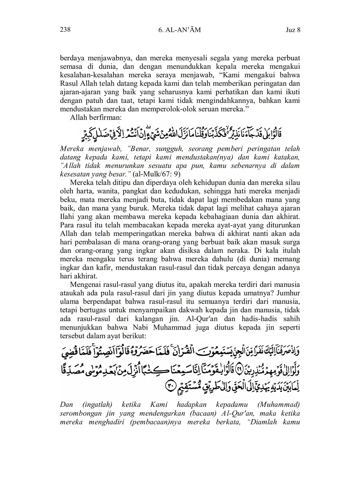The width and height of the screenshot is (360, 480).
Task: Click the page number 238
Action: pos(65,30)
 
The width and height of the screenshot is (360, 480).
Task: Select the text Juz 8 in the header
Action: pos(293,30)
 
